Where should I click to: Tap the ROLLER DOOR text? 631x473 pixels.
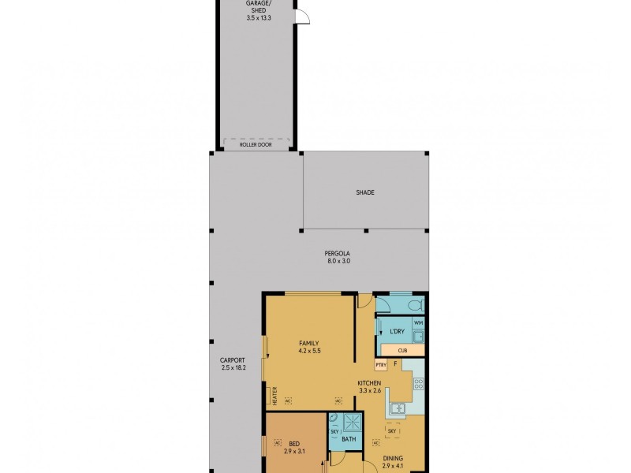tap(256, 144)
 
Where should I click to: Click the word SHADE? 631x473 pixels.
tap(364, 192)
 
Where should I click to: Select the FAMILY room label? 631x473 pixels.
tap(308, 346)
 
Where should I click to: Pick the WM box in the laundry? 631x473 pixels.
tap(418, 323)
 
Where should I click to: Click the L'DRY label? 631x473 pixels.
tap(398, 332)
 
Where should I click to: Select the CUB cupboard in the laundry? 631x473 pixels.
tap(401, 350)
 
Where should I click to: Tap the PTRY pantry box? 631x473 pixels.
tap(382, 365)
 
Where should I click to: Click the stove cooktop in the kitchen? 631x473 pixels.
tap(420, 385)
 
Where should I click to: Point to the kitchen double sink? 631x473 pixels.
tap(397, 408)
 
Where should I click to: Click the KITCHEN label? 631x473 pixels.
tap(369, 386)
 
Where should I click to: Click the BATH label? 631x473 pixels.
tap(348, 439)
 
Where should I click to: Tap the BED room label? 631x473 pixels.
tap(294, 447)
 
